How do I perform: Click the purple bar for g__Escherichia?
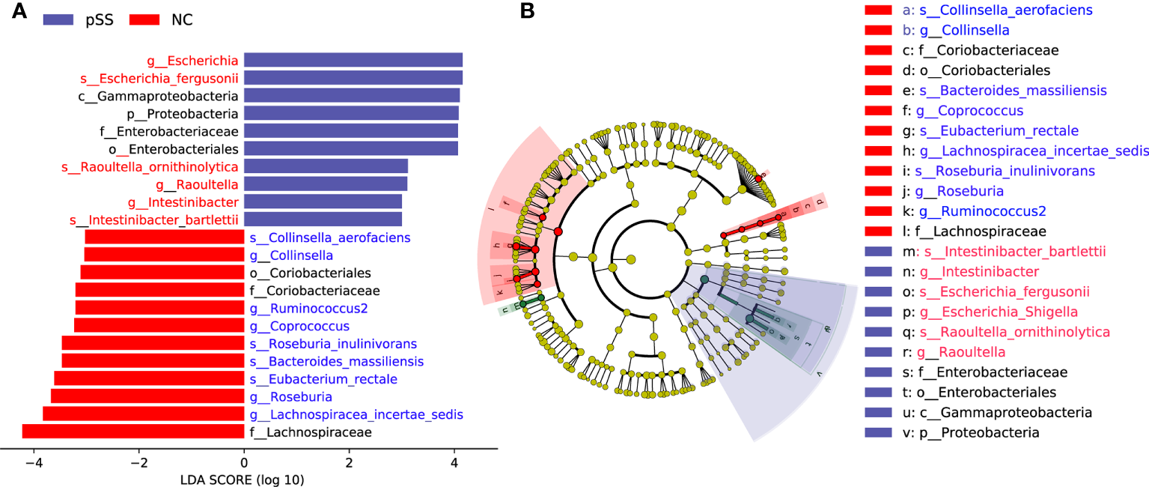(x=353, y=60)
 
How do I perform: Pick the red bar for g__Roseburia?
(x=147, y=396)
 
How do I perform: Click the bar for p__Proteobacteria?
(x=351, y=114)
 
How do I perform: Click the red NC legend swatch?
(x=141, y=20)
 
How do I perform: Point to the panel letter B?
(x=527, y=12)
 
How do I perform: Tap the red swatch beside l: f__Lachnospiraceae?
(x=877, y=232)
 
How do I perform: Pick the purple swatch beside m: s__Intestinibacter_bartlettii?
(x=877, y=252)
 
